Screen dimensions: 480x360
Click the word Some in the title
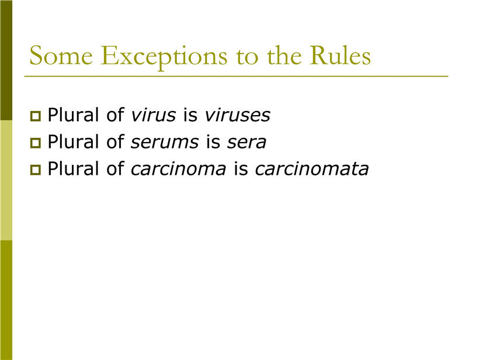(x=61, y=56)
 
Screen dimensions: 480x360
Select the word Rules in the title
(x=340, y=55)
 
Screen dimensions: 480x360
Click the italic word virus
(x=154, y=115)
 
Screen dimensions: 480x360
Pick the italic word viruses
(x=238, y=115)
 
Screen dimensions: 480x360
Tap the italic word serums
(x=165, y=143)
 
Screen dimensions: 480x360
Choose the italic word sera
(x=247, y=143)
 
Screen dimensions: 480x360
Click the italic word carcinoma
(x=179, y=169)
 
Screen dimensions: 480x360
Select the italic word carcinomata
(x=312, y=169)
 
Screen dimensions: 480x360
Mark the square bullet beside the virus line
(x=36, y=116)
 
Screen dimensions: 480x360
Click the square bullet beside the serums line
(x=36, y=143)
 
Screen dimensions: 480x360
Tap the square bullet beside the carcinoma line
(x=36, y=169)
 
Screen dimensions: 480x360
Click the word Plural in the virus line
(x=73, y=115)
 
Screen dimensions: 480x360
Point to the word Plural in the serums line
(x=73, y=141)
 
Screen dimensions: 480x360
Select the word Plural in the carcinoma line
(x=73, y=168)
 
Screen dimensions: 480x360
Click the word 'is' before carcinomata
(x=241, y=169)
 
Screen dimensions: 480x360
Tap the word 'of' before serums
(x=115, y=141)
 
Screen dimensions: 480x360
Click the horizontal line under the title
(x=236, y=76)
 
